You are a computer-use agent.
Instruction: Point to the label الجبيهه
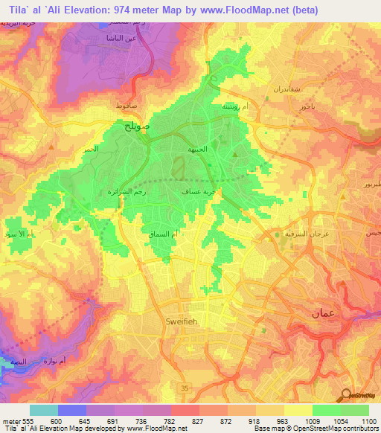pyautogui.click(x=197, y=148)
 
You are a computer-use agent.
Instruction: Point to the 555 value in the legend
pyautogui.click(x=29, y=420)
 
